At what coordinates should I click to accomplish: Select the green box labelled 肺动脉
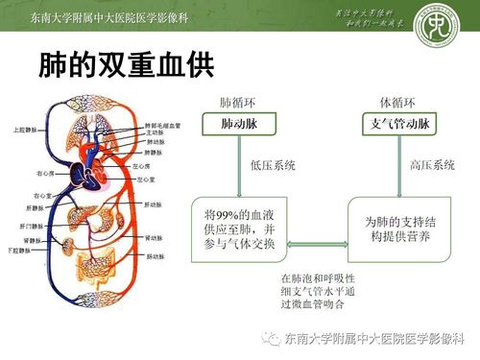(238, 125)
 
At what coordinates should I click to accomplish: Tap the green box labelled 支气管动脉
(398, 125)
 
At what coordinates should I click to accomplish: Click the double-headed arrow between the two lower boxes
(318, 245)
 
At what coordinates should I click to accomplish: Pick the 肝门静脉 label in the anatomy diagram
(26, 225)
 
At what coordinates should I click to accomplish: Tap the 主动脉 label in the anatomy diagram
(152, 132)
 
